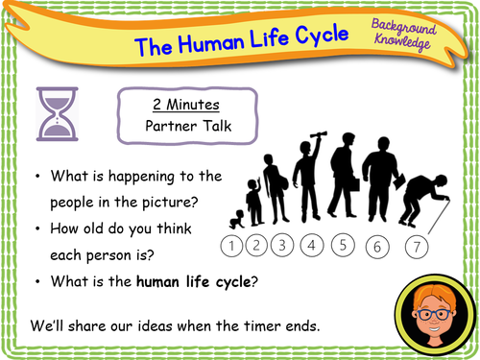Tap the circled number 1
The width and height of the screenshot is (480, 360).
pyautogui.click(x=232, y=248)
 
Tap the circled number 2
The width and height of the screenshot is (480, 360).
pyautogui.click(x=255, y=247)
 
